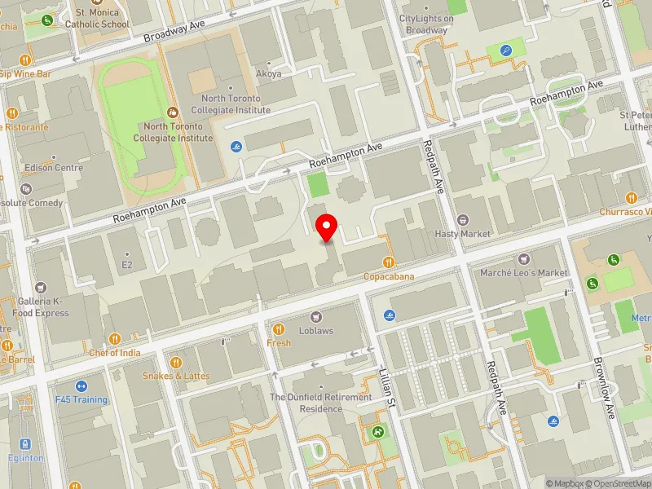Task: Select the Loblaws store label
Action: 315,331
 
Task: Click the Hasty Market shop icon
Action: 463,220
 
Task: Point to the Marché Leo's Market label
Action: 523,272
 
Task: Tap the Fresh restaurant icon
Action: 279,329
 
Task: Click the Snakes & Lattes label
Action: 176,376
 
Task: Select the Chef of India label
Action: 115,353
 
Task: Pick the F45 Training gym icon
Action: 81,386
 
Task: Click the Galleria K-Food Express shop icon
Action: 41,288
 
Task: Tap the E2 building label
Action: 126,265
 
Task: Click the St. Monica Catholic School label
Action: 102,19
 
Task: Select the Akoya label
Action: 269,73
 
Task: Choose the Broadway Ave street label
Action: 174,32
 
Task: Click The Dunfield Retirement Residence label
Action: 320,403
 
